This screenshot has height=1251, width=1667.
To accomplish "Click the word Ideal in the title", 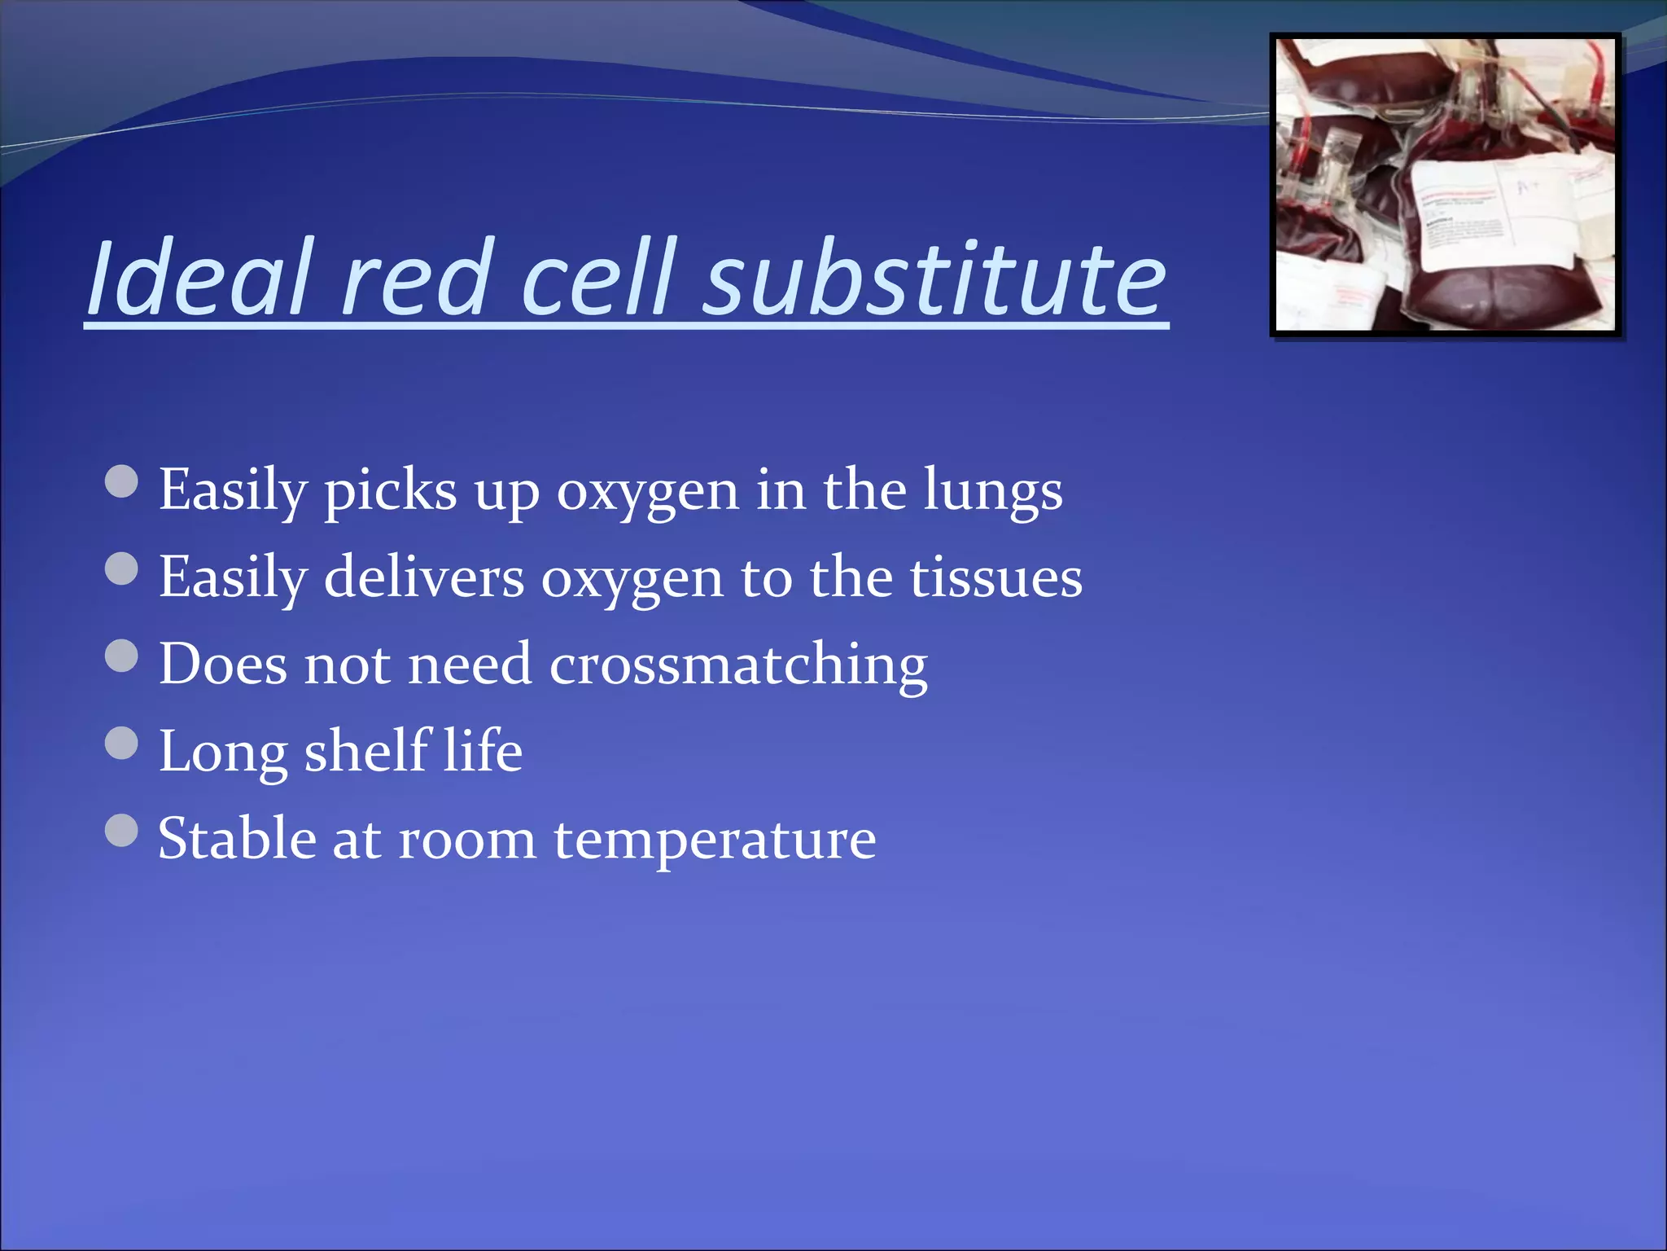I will (x=199, y=279).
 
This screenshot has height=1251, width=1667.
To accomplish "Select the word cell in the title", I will (x=598, y=279).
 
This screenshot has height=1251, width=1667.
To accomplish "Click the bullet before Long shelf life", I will (x=122, y=743).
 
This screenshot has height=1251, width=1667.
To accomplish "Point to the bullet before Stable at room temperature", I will (x=122, y=831).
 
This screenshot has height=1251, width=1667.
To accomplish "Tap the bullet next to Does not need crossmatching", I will (x=122, y=656).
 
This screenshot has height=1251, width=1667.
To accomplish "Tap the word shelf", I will (x=366, y=751).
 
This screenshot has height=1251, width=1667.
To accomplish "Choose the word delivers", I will (x=424, y=578).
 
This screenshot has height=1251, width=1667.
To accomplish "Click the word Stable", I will (x=237, y=839).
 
